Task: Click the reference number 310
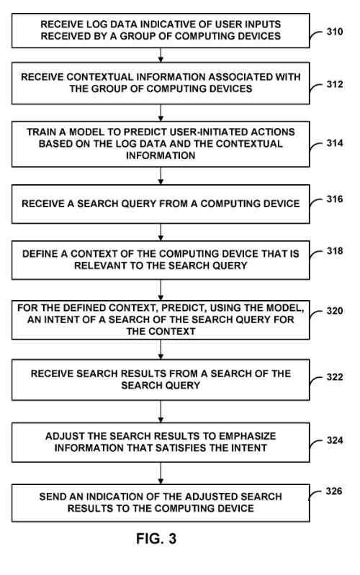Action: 334,32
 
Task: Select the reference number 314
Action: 334,142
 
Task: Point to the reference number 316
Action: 334,199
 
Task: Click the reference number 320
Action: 334,312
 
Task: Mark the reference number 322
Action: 334,376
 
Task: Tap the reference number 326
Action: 334,492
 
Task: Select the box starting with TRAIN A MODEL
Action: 161,144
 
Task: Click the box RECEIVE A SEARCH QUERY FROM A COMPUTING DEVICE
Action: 161,204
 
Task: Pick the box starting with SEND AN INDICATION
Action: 161,503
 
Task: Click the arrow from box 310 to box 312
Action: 161,55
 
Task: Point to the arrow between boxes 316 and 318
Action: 161,231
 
